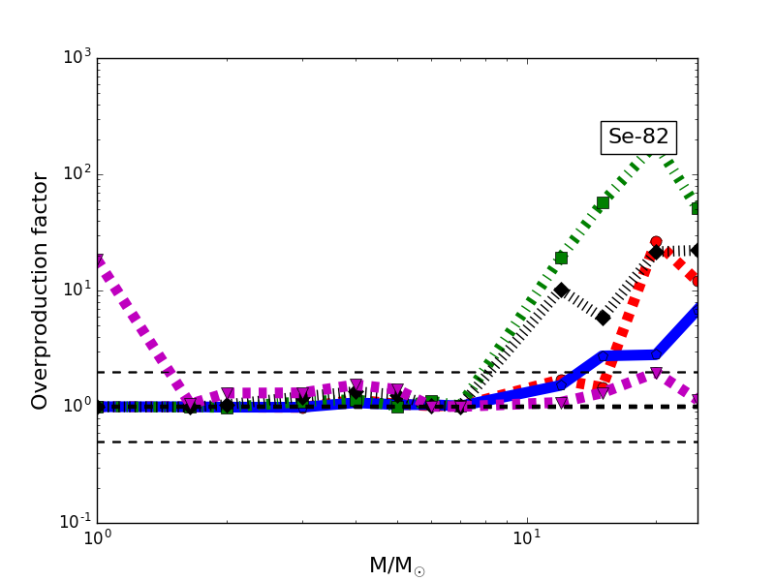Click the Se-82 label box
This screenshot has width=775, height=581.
638,138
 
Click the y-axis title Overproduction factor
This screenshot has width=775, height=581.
41,290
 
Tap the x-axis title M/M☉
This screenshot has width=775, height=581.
396,566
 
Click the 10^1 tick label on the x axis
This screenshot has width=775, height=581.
526,538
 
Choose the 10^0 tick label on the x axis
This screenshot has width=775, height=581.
97,538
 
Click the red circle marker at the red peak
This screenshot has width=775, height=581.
656,242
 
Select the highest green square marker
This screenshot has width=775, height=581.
603,202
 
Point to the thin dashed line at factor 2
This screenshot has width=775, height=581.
291,372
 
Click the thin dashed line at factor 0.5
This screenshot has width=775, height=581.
291,442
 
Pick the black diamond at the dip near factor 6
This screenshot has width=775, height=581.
603,318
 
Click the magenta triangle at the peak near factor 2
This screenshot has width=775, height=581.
656,373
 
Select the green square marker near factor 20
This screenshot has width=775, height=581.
561,258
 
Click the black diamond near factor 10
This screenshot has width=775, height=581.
561,290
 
